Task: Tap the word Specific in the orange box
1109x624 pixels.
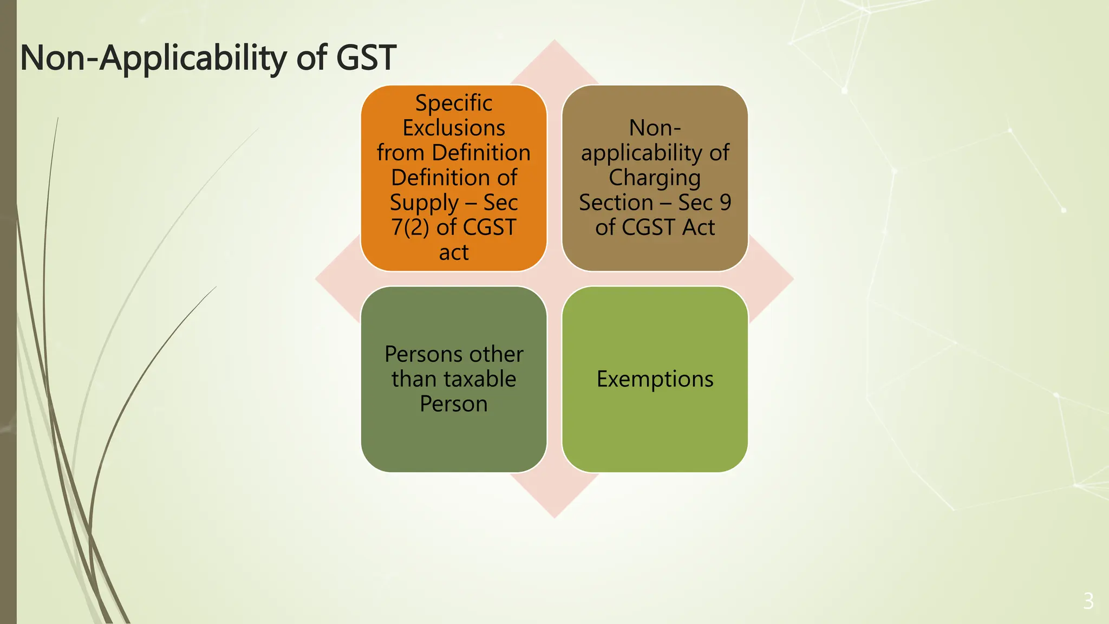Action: (454, 103)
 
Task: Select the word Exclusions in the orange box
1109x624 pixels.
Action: (454, 128)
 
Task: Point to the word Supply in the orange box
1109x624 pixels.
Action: (424, 203)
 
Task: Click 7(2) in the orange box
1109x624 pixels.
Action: (410, 227)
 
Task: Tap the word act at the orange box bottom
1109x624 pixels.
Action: (454, 252)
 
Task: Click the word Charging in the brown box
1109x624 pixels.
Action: (655, 178)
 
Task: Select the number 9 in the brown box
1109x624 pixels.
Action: (725, 203)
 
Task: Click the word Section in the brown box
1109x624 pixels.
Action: (616, 203)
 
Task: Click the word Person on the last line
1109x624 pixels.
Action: (454, 404)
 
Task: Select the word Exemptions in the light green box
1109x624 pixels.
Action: (655, 379)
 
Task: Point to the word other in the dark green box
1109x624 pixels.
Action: (494, 354)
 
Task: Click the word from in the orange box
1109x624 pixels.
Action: (401, 153)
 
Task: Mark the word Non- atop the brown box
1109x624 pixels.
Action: (655, 128)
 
